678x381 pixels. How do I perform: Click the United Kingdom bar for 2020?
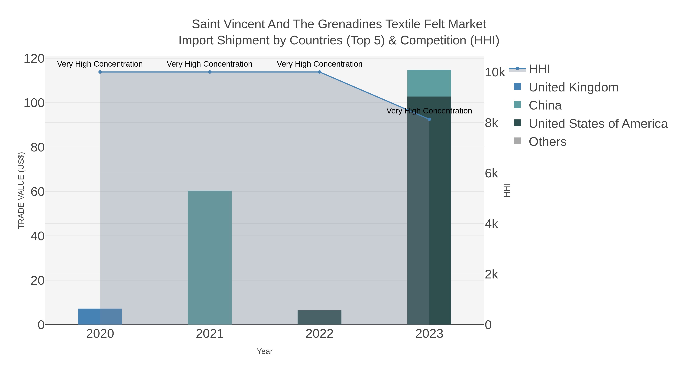coord(100,317)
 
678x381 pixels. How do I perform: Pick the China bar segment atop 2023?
coord(429,83)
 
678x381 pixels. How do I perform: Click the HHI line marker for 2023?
coord(429,119)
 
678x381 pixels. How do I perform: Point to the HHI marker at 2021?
coord(210,72)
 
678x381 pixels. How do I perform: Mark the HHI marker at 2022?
coord(320,72)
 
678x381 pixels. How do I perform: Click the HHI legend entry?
coord(539,69)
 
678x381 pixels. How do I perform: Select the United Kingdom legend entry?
coord(573,87)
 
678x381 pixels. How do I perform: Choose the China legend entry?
coord(545,105)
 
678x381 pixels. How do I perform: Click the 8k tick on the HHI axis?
coord(491,123)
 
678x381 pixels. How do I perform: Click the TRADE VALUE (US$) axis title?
coord(21,191)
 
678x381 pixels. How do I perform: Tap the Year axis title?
coord(265,351)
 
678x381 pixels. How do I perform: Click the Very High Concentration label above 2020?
coord(100,64)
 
